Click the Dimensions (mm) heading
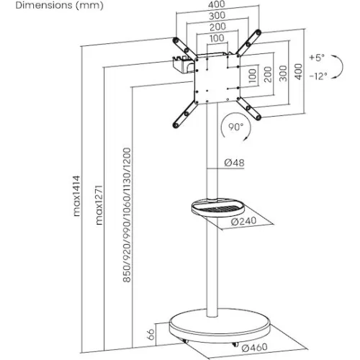point(59,5)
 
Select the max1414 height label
point(76,196)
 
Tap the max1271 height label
point(99,204)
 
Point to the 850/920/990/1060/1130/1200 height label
point(127,215)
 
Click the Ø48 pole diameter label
point(235,163)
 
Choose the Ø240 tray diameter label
point(243,221)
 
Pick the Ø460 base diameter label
point(254,347)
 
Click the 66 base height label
point(150,334)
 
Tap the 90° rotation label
point(235,127)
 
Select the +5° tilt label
point(317,58)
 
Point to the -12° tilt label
point(318,76)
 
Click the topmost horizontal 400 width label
point(217,4)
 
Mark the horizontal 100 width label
point(217,38)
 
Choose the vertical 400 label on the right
point(298,71)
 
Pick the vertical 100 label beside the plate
point(253,76)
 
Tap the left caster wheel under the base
point(184,341)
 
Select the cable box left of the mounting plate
point(184,65)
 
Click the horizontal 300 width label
point(217,16)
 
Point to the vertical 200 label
point(268,74)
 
